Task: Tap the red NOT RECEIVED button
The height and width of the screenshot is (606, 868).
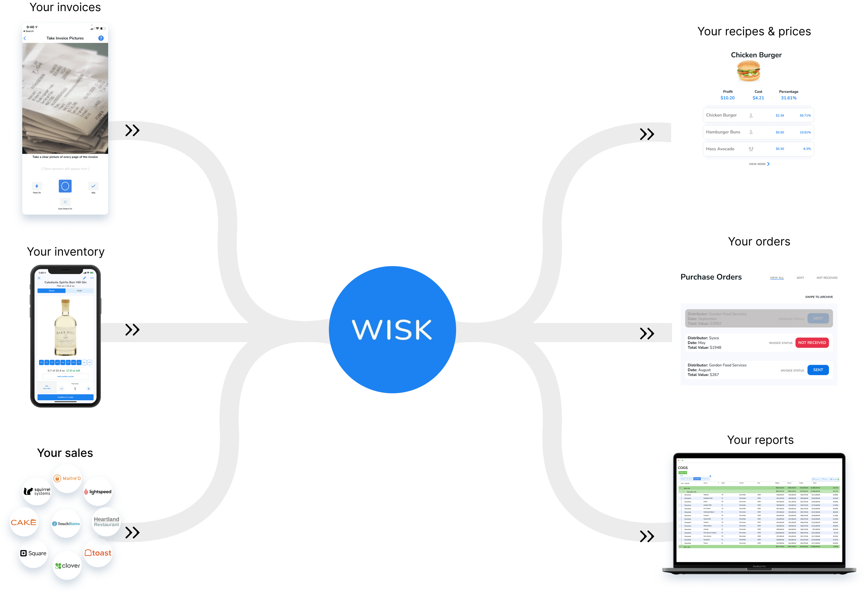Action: [812, 343]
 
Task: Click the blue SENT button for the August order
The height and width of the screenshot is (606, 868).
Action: [818, 370]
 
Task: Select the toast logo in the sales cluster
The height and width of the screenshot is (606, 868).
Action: [98, 553]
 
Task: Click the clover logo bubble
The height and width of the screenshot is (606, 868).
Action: [67, 566]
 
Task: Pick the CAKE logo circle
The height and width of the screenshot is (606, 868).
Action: [24, 522]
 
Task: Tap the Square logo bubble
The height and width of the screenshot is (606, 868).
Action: [33, 553]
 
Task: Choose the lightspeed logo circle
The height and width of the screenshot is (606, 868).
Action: [98, 492]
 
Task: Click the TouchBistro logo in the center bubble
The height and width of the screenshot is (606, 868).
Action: [66, 524]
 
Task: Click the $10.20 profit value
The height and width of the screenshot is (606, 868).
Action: [727, 98]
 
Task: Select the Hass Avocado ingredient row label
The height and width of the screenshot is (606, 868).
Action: [720, 149]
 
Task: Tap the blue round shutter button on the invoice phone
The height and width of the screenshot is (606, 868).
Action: [65, 186]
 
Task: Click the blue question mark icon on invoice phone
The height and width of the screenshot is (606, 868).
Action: [101, 38]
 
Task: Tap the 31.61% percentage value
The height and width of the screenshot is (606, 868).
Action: [788, 98]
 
